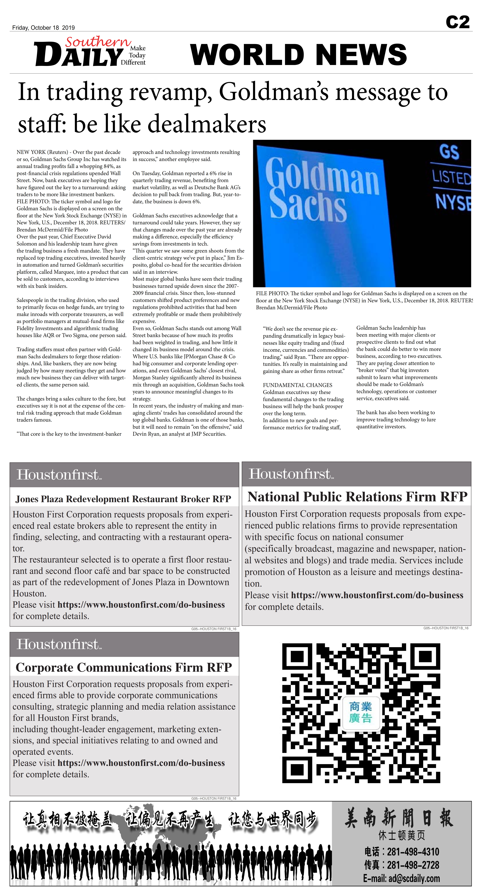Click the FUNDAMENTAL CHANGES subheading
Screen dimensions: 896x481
[297, 385]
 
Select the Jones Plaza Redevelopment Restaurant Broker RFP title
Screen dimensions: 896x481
[123, 499]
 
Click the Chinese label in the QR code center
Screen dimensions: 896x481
[361, 712]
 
